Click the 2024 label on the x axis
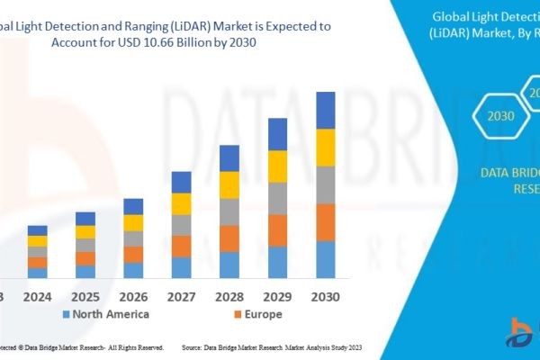[x=37, y=296]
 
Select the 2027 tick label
[x=182, y=296]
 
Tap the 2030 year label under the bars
[x=326, y=296]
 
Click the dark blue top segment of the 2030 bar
[x=326, y=110]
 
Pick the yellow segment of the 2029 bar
[x=277, y=166]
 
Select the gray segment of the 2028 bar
[x=229, y=211]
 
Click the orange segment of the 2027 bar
[x=182, y=246]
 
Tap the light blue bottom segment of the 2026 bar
[x=133, y=270]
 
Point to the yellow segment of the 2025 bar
[x=85, y=231]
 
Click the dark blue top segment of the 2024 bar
[x=37, y=230]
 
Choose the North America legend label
[x=111, y=314]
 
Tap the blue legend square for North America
[x=65, y=315]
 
